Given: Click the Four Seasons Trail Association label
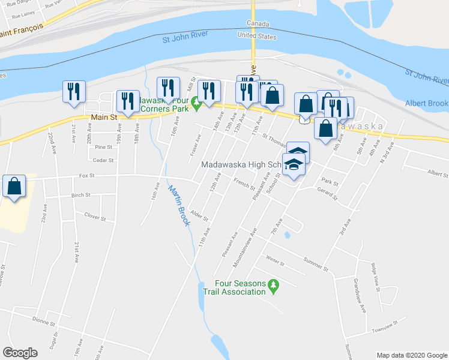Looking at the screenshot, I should (241, 287).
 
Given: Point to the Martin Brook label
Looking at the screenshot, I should (179, 205).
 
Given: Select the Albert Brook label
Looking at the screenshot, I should (426, 103).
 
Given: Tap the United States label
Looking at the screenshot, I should (257, 37).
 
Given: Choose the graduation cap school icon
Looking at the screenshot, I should (294, 164).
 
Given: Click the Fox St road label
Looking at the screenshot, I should (88, 176).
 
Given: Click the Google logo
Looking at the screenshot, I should (20, 353).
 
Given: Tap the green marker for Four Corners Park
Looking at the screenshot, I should (196, 107).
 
